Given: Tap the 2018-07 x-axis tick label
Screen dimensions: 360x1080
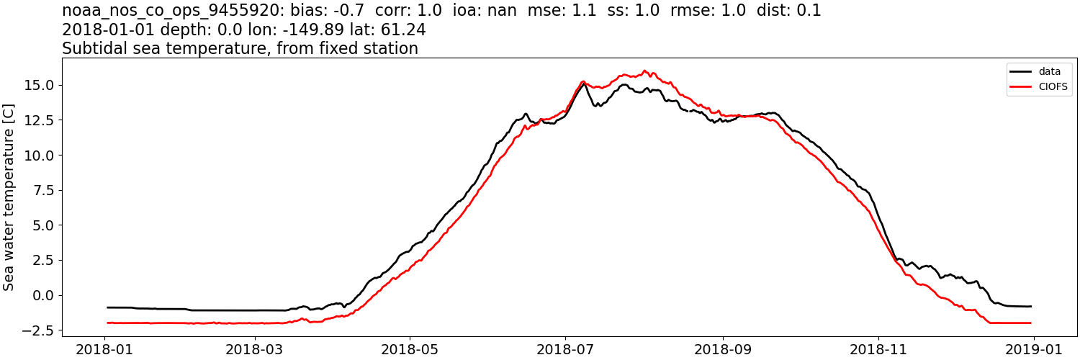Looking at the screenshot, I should (x=565, y=348).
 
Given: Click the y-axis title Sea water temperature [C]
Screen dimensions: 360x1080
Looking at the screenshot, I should (x=9, y=197).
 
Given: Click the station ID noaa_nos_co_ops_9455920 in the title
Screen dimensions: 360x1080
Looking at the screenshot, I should (x=169, y=11).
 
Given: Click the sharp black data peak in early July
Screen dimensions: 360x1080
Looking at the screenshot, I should (x=584, y=84).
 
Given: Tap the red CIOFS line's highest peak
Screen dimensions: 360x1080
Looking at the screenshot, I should (x=644, y=71).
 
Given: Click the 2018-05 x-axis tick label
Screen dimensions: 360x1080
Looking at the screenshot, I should (x=410, y=348).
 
